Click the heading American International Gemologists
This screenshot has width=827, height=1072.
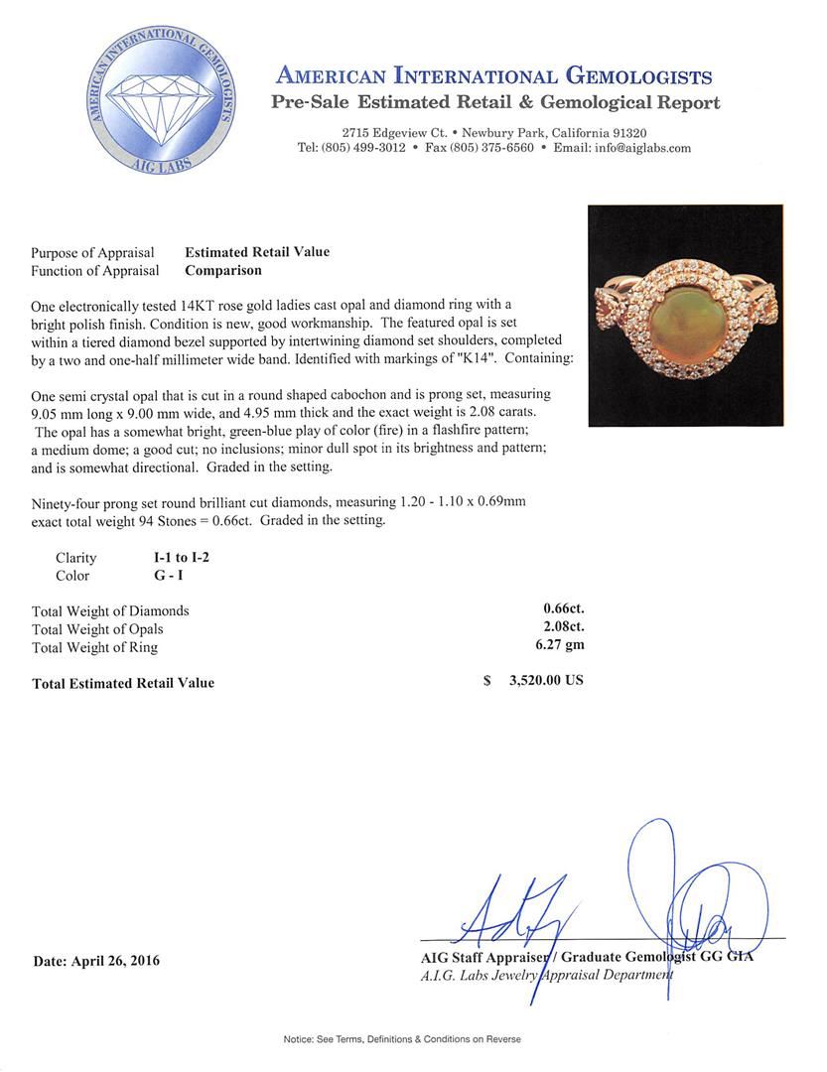(493, 75)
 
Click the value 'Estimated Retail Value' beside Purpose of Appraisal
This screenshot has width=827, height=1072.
(257, 252)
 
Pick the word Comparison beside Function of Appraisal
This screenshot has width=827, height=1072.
(223, 270)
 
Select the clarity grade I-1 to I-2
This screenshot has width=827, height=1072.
(175, 558)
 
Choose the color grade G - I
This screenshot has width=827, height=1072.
(157, 576)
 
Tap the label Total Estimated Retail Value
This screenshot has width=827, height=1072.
(123, 683)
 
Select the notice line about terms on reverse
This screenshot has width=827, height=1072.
(401, 1039)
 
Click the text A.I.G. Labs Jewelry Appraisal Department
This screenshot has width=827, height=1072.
(546, 975)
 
